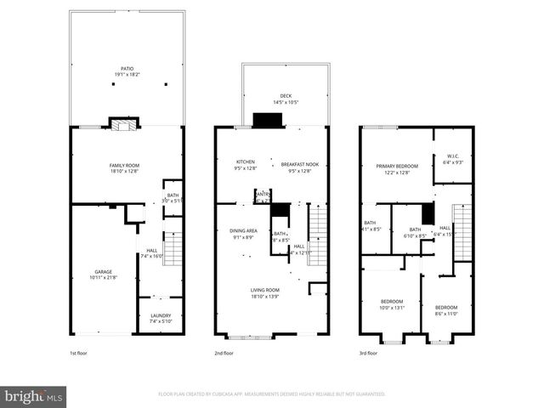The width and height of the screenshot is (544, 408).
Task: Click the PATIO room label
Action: pyautogui.click(x=127, y=69)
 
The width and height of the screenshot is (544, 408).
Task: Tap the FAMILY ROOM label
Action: pyautogui.click(x=127, y=165)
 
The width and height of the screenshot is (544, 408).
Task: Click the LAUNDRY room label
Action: pyautogui.click(x=160, y=315)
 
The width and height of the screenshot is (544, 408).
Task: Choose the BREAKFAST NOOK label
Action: pyautogui.click(x=300, y=161)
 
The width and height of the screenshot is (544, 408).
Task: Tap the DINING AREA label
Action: pyautogui.click(x=243, y=230)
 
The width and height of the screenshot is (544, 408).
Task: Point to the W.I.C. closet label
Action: pyautogui.click(x=453, y=156)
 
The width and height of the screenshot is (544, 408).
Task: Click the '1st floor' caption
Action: pyautogui.click(x=78, y=353)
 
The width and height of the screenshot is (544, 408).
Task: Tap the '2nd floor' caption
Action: pyautogui.click(x=223, y=353)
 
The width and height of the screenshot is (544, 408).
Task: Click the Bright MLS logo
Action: pyautogui.click(x=34, y=396)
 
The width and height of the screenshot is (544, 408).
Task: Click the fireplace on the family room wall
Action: pyautogui.click(x=122, y=124)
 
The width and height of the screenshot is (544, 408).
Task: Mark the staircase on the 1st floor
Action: pyautogui.click(x=173, y=249)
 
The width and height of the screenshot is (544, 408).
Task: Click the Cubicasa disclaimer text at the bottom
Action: pyautogui.click(x=271, y=394)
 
